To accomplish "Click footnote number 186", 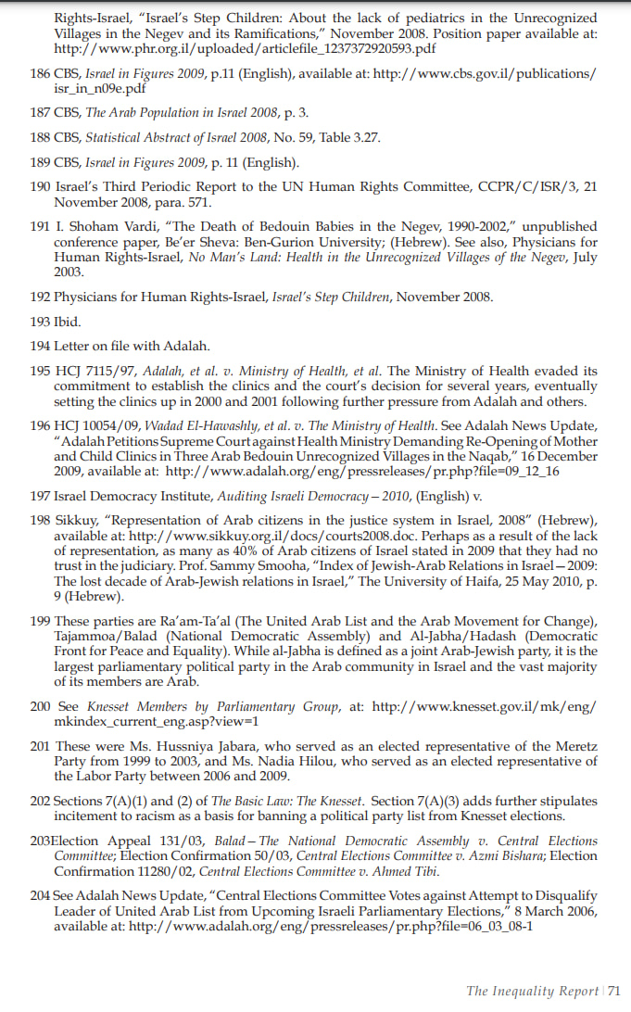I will (x=41, y=73).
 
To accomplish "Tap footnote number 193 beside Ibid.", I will (x=41, y=322).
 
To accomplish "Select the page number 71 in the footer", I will (x=614, y=992).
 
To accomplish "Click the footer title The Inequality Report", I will (x=533, y=992).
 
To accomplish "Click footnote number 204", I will (x=41, y=896).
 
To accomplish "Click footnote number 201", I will (x=41, y=746).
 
